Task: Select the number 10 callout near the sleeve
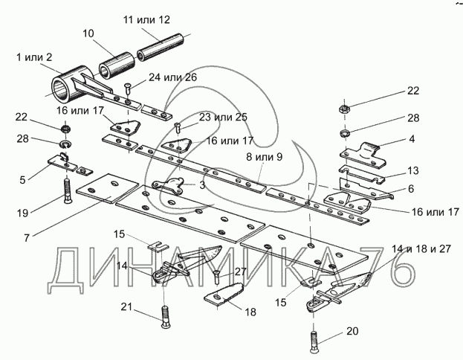(x=88, y=33)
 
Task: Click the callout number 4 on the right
(x=412, y=138)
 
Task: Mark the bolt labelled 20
(x=314, y=341)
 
